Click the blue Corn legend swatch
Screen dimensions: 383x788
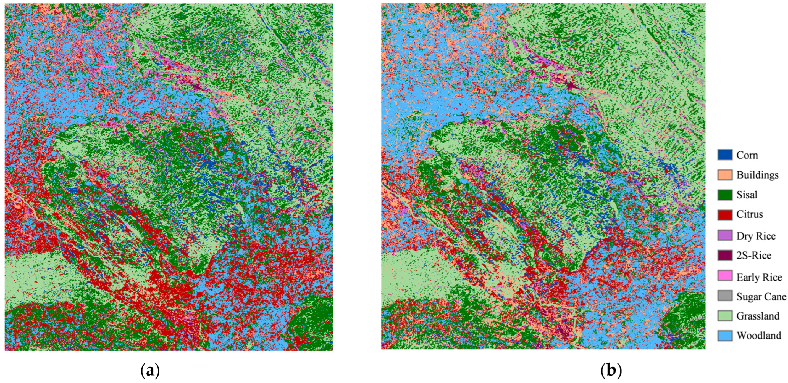pos(725,155)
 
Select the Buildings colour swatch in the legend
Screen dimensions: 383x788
pos(725,175)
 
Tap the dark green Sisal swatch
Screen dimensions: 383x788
pos(725,195)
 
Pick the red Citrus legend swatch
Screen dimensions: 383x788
pos(725,214)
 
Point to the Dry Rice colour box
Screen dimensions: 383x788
pos(725,235)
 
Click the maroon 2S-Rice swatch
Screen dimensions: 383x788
pos(725,255)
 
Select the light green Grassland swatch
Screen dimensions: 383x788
pos(725,316)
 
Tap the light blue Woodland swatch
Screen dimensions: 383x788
pos(725,336)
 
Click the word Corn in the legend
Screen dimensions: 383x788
pos(747,155)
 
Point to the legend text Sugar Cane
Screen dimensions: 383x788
pos(761,297)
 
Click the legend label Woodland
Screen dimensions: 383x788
pos(759,336)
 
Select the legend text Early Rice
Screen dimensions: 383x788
pos(759,277)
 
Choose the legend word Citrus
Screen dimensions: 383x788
pos(749,214)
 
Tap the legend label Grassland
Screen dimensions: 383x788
pos(758,316)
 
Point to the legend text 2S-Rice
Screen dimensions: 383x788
pos(754,255)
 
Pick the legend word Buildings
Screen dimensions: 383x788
pos(757,175)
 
